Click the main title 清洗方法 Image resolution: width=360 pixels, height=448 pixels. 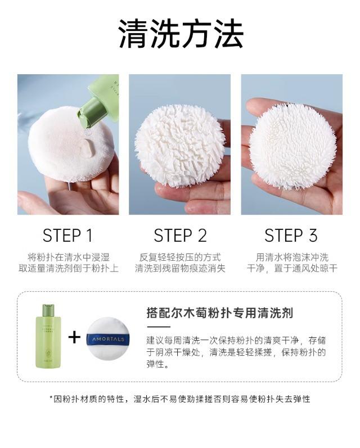coord(181,33)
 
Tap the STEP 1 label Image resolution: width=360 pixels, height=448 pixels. coord(67,236)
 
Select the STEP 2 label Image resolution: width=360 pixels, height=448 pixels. coord(180,236)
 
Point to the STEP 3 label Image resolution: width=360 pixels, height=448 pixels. coord(291,236)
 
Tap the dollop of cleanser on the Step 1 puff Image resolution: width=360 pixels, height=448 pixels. coord(88,148)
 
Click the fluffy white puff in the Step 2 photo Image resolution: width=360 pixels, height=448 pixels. coord(180,146)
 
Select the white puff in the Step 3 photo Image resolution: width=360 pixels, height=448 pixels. coord(293,146)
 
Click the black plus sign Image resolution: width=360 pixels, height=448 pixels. coord(74,337)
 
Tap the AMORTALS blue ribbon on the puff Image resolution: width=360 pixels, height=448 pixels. coord(108,339)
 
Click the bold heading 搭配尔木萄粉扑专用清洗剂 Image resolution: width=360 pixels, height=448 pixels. coord(219,313)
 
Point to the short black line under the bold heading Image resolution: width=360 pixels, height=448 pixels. coord(159,327)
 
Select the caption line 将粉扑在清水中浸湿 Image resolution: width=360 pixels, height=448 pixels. coord(68,257)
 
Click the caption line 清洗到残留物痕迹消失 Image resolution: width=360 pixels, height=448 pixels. coord(180,268)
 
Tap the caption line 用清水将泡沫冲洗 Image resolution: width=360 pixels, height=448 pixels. coord(292,257)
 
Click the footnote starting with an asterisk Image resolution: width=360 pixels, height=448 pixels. coord(180,399)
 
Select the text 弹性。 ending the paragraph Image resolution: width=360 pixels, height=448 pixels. coord(157,364)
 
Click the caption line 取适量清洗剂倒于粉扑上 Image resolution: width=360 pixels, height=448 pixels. coord(68,268)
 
